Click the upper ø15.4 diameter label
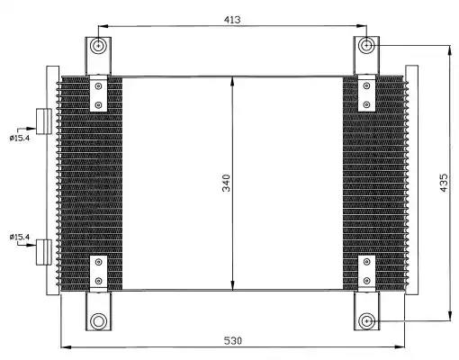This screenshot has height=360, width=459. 20,137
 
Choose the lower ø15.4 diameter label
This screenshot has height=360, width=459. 20,238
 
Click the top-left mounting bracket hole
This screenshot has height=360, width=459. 98,47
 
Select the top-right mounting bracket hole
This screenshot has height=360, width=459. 366,46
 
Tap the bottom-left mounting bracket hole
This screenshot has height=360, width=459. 98,321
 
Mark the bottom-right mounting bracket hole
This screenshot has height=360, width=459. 366,321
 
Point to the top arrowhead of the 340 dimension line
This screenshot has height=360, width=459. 233,82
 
